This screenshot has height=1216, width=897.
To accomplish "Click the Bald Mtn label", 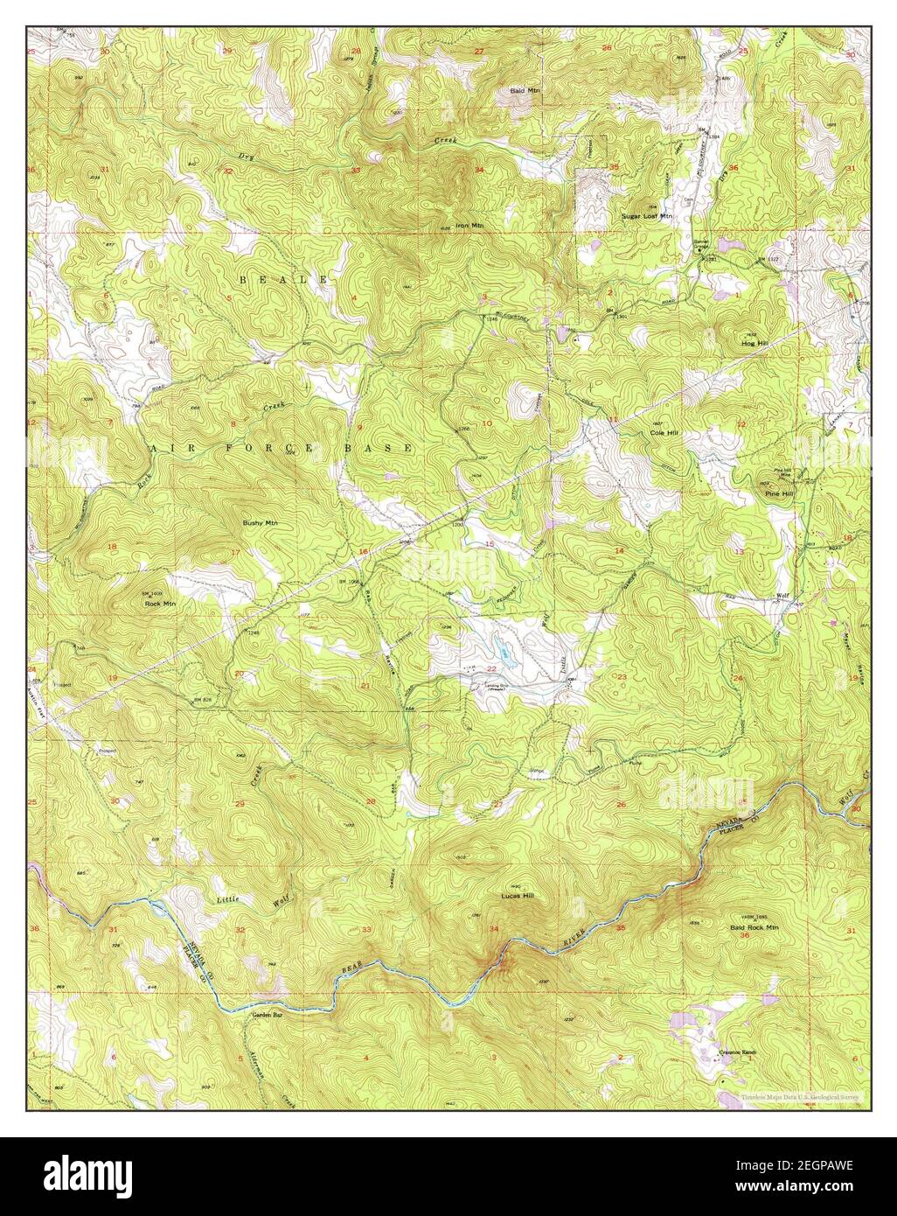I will point(526,90).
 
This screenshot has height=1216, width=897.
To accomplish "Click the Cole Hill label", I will point(664,433).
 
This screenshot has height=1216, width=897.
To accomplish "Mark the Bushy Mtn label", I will point(259,522).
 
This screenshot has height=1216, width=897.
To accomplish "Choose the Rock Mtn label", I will point(160,603).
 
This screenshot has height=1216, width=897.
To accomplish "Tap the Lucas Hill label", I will point(517,896).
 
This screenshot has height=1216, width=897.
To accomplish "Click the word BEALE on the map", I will point(283,279).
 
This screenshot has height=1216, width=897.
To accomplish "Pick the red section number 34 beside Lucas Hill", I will point(494,929).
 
